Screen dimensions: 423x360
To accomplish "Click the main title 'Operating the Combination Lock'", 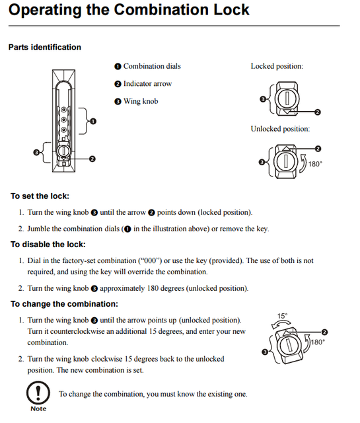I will [x=129, y=10].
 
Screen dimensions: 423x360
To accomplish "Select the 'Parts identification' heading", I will [x=44, y=48].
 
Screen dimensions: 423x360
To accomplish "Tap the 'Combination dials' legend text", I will [x=151, y=66].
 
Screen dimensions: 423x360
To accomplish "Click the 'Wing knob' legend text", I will [x=140, y=101].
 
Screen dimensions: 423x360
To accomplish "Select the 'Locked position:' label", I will [x=277, y=66].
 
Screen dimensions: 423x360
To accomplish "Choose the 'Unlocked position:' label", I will [x=280, y=129].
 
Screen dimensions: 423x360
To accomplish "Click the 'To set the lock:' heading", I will [x=40, y=196].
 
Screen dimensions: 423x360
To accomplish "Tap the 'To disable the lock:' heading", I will [x=48, y=245].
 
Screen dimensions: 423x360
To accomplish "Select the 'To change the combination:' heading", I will [x=64, y=304].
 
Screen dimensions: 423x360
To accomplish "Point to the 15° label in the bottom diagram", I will [x=281, y=316].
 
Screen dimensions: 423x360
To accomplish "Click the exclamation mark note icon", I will [x=38, y=393].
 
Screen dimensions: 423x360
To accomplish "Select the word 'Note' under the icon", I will [x=38, y=409].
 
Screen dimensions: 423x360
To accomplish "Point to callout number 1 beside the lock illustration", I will [x=92, y=122].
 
